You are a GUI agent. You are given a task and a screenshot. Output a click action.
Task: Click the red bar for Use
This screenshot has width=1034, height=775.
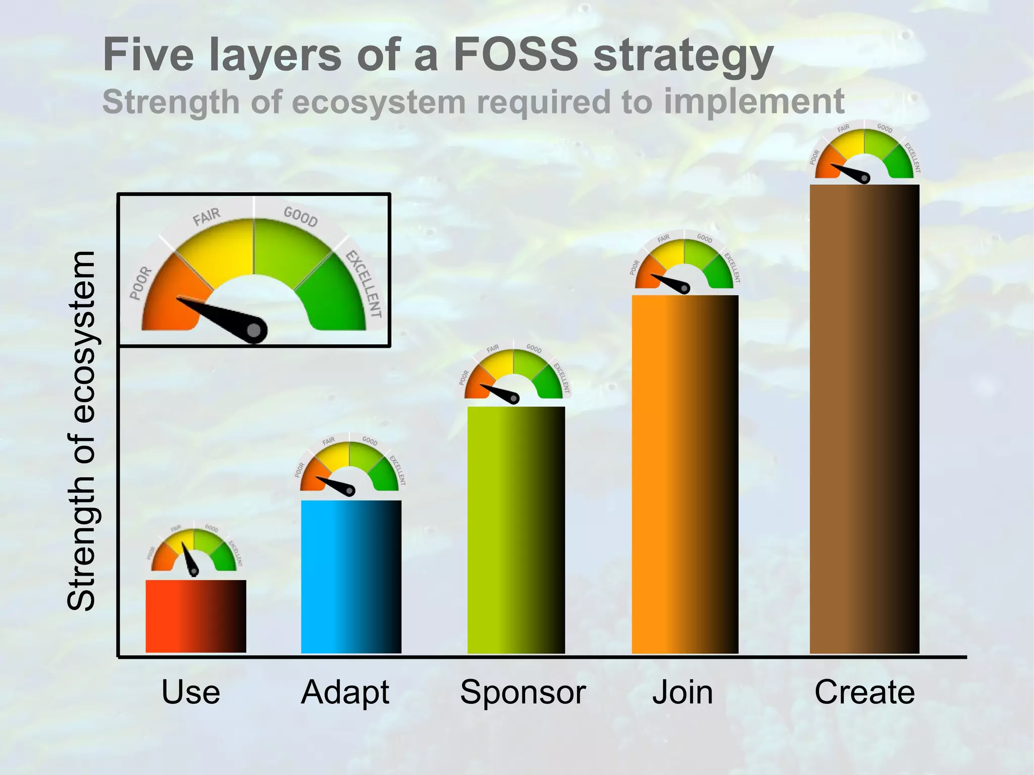click(x=196, y=616)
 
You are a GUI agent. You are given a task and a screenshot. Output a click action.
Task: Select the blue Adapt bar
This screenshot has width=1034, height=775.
click(x=351, y=577)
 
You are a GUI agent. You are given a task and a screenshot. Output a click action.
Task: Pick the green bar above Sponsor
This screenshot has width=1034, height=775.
click(x=516, y=530)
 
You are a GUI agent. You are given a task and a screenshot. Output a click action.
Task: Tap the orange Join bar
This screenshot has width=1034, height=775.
click(x=685, y=475)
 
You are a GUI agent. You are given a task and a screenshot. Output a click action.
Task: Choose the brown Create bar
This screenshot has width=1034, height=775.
click(x=864, y=419)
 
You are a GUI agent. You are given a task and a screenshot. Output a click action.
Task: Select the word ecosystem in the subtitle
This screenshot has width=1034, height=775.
click(x=379, y=102)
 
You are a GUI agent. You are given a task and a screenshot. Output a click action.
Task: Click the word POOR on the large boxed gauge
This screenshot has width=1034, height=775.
click(x=141, y=283)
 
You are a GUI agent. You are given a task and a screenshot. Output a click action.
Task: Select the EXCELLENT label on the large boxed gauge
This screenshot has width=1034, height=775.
click(x=363, y=284)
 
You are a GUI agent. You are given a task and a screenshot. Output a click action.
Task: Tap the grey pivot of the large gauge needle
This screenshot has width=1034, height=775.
click(x=255, y=331)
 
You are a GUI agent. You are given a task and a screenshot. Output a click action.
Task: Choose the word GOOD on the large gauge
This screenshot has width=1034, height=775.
click(x=300, y=217)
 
